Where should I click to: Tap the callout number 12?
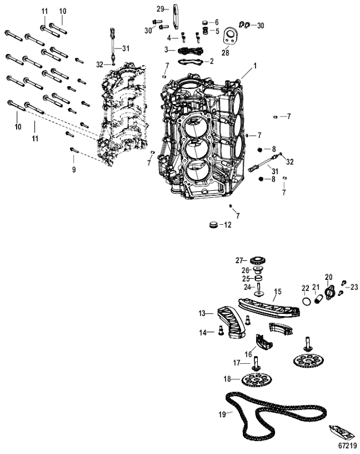[228, 225]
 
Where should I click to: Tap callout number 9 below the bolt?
[73, 170]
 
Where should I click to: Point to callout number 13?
[202, 314]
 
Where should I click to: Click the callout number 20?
[329, 277]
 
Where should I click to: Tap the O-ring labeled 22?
[307, 301]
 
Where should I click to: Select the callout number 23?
[354, 286]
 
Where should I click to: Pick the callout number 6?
[216, 21]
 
